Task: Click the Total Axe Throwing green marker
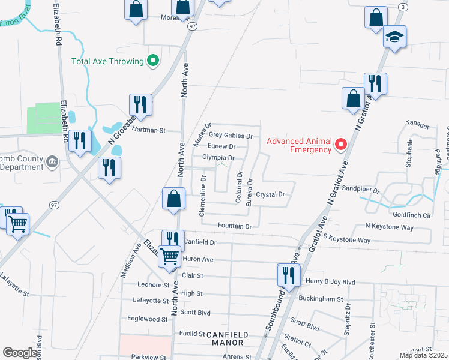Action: click(153, 61)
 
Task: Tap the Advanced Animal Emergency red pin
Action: click(341, 145)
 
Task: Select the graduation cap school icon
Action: click(395, 37)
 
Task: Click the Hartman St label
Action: click(148, 130)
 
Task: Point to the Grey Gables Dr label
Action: click(231, 136)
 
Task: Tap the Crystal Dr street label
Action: click(270, 194)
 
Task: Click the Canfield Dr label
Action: click(199, 242)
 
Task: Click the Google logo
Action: click(20, 352)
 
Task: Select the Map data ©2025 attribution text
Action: click(423, 355)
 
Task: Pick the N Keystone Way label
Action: click(389, 227)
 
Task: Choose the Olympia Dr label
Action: click(217, 157)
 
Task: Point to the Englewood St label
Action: click(148, 320)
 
